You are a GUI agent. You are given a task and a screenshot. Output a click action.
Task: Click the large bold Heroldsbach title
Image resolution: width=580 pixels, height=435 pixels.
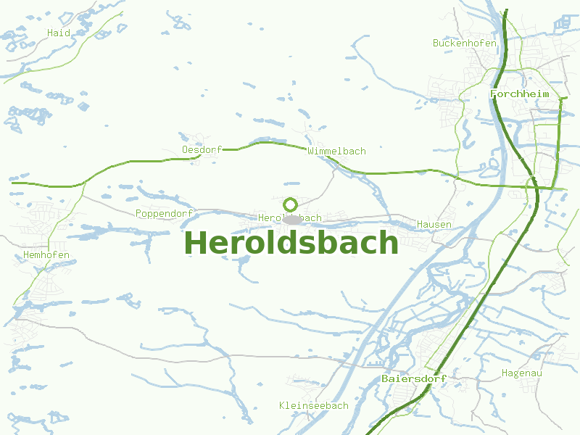click(x=291, y=243)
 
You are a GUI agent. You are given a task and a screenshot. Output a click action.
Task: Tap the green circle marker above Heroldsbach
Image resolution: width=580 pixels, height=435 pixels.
click(x=291, y=204)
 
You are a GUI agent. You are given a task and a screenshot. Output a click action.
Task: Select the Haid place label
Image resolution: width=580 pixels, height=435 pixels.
click(x=59, y=33)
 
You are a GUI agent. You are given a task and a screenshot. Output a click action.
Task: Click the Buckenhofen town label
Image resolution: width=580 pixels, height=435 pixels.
click(x=465, y=43)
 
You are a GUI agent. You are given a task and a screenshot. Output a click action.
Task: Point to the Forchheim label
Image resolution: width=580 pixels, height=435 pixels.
click(x=520, y=94)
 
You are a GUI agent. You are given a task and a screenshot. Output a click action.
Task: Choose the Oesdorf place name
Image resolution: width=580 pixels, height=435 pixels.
click(x=202, y=150)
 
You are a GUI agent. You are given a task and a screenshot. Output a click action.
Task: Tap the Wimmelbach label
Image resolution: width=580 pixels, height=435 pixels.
click(x=336, y=151)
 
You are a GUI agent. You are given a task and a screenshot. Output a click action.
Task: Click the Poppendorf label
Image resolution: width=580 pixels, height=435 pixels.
click(x=164, y=213)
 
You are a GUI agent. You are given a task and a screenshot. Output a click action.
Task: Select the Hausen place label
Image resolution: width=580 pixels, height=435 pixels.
click(x=434, y=225)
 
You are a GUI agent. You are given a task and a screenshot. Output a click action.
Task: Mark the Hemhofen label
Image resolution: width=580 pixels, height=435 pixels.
click(x=46, y=255)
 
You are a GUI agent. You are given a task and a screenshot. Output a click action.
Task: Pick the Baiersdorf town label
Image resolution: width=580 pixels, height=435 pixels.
click(x=413, y=378)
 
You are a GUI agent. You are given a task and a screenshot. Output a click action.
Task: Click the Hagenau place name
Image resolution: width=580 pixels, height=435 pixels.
click(x=522, y=373)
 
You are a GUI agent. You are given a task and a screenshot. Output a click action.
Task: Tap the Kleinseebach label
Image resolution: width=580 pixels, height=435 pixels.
click(x=313, y=405)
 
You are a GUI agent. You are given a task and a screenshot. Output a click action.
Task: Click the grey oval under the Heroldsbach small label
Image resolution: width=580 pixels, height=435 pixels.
click(x=291, y=219)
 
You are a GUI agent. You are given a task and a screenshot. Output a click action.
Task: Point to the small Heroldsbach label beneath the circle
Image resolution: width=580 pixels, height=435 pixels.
click(x=290, y=217)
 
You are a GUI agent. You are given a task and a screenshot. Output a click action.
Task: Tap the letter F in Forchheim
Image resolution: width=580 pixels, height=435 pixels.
click(x=494, y=94)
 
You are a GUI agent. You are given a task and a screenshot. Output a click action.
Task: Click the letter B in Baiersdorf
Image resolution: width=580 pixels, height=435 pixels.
click(x=385, y=378)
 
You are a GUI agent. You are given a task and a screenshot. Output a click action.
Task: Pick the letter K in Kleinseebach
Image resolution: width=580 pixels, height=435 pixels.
click(x=282, y=405)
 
